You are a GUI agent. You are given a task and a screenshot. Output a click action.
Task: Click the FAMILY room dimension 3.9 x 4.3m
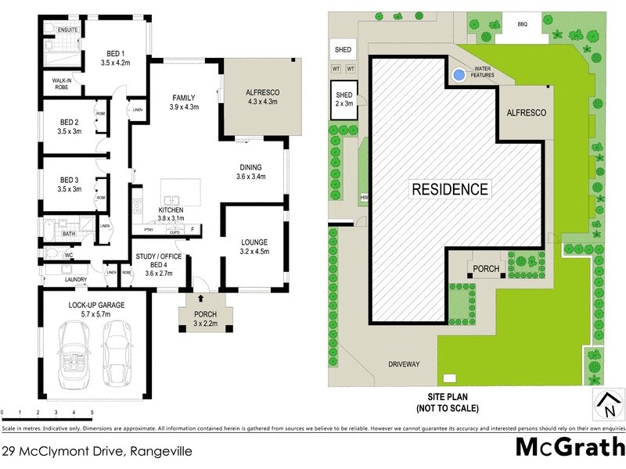(184, 107)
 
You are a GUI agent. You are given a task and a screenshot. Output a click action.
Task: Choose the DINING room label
(251, 167)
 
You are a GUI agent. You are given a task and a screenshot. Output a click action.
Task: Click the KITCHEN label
(171, 211)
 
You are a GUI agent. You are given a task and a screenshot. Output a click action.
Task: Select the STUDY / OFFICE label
(159, 256)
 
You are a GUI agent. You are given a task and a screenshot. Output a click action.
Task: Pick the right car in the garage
(117, 348)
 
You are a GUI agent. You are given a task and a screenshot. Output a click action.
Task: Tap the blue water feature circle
(458, 76)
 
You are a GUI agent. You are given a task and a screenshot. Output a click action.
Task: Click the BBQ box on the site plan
(523, 24)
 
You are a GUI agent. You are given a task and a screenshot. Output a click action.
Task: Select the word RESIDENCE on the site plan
(450, 189)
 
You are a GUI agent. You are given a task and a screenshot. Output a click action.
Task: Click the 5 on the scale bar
(92, 412)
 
